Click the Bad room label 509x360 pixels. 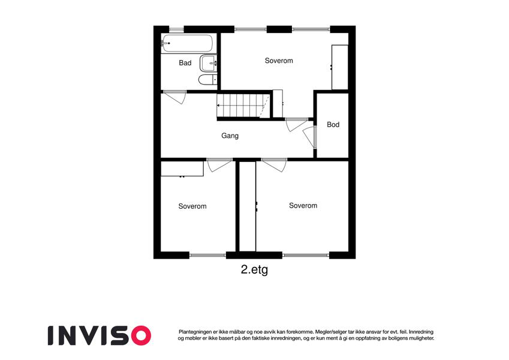pyautogui.click(x=185, y=63)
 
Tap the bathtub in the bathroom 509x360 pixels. pyautogui.click(x=187, y=43)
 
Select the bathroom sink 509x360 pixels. pyautogui.click(x=208, y=63)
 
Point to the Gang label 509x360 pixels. pyautogui.click(x=230, y=136)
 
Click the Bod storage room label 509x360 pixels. pyautogui.click(x=333, y=124)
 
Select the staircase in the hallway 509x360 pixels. pyautogui.click(x=243, y=106)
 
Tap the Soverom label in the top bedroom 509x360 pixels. pyautogui.click(x=279, y=61)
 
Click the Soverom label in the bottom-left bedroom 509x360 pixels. pyautogui.click(x=192, y=206)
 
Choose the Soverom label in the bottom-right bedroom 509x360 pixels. pyautogui.click(x=303, y=206)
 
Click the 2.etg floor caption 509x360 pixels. pyautogui.click(x=254, y=269)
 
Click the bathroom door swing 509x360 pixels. pyautogui.click(x=175, y=97)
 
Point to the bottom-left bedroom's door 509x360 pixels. pyautogui.click(x=219, y=165)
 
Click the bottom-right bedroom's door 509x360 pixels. pyautogui.click(x=275, y=165)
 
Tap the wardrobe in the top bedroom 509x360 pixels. pyautogui.click(x=339, y=67)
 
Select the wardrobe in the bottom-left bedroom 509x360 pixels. pyautogui.click(x=182, y=169)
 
